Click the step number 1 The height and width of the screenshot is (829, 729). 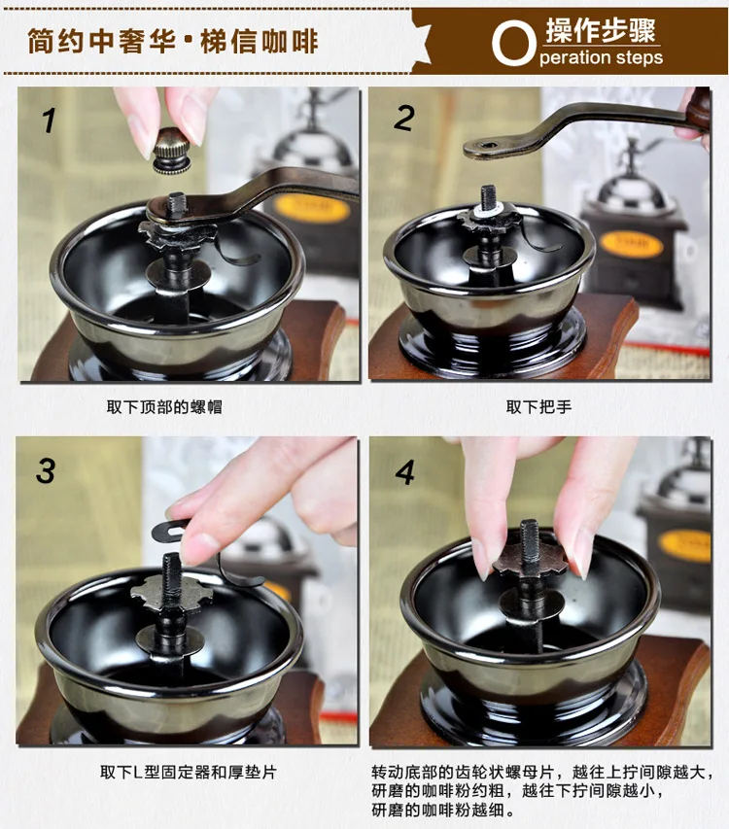point(49,121)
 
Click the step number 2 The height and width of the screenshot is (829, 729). point(404,118)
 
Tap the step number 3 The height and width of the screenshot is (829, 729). point(46,470)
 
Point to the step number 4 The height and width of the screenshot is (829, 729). point(405,472)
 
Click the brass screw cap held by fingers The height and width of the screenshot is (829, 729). point(172,151)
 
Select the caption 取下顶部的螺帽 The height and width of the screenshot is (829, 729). point(164,406)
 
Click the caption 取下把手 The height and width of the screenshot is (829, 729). point(538,406)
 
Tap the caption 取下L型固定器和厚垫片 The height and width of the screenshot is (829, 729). point(189,772)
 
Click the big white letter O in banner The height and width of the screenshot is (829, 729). point(513,45)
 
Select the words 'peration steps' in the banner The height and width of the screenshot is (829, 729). point(601,57)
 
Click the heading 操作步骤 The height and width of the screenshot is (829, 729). point(601,31)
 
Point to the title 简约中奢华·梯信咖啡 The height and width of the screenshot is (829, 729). point(173,41)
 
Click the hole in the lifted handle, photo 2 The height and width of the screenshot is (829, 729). point(487,146)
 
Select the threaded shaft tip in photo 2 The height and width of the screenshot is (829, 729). point(488,194)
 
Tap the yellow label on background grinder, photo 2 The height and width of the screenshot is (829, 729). point(631,246)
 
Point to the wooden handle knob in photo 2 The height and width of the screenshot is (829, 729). point(699,109)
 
